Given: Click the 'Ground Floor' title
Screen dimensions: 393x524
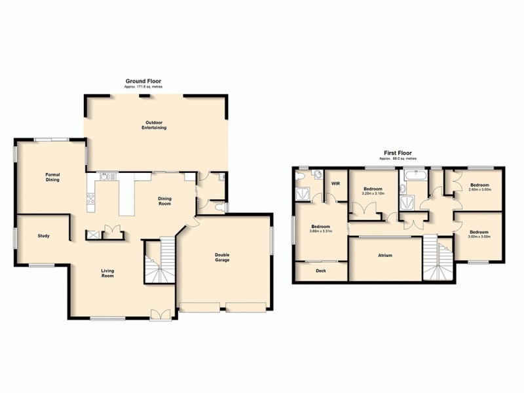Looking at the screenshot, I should click(143, 81).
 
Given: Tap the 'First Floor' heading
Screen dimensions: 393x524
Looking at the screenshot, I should click(396, 153).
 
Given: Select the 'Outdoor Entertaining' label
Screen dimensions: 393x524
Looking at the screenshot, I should click(154, 125).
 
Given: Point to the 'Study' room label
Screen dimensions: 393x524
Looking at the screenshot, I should click(44, 236).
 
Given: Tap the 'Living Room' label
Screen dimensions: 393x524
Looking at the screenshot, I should click(107, 272).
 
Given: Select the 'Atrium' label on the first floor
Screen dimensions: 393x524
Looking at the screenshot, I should click(384, 255).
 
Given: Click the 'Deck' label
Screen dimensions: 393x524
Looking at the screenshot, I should click(321, 271).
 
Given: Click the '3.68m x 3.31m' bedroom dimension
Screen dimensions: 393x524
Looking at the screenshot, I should click(321, 231).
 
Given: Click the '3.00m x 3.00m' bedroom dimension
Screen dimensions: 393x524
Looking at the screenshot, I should click(479, 236).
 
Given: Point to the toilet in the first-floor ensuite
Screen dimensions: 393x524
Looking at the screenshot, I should click(317, 175).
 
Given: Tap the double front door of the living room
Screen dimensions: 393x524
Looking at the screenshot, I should click(160, 314).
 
